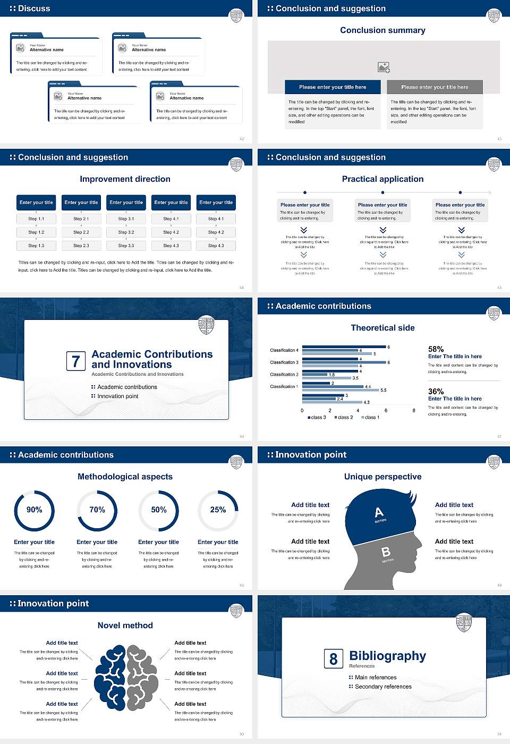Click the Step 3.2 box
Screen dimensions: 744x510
(126, 232)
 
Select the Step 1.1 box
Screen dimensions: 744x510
(36, 219)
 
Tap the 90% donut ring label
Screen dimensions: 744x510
(35, 510)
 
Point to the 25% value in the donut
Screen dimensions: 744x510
(218, 510)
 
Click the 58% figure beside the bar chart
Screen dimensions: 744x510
(436, 349)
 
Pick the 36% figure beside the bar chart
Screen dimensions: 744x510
(436, 391)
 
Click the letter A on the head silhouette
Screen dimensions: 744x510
(379, 512)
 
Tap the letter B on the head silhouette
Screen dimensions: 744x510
(386, 552)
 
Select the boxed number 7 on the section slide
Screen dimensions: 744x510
(75, 361)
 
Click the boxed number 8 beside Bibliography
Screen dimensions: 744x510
(333, 659)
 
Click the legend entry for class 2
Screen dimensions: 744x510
(344, 418)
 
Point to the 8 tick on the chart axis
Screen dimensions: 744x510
(414, 410)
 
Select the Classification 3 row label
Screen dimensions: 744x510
(284, 362)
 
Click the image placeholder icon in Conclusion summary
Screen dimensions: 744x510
(384, 67)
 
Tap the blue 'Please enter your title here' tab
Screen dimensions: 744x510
(333, 87)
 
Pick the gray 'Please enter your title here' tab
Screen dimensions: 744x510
(435, 87)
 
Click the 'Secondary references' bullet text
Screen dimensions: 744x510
(383, 687)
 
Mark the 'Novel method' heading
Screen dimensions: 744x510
(125, 625)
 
